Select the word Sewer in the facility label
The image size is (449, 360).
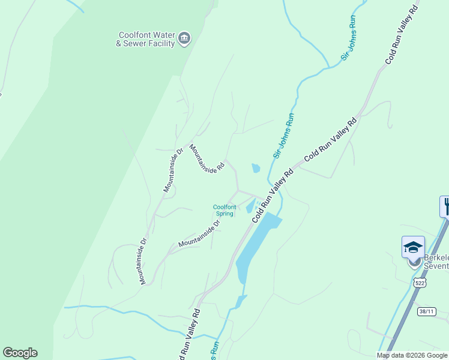click(137, 43)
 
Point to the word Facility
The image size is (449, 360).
click(161, 43)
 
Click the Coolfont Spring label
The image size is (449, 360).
click(224, 210)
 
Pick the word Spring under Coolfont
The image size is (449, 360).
click(224, 214)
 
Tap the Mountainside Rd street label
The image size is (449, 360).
click(207, 160)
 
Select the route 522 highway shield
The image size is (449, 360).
click(418, 281)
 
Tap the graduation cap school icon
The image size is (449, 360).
click(413, 247)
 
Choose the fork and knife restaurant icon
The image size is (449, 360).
click(445, 206)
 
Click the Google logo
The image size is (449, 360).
click(20, 353)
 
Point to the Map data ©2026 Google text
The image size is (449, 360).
click(412, 355)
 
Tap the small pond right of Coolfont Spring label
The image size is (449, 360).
click(250, 208)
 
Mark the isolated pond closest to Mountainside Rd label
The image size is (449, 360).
click(256, 168)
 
